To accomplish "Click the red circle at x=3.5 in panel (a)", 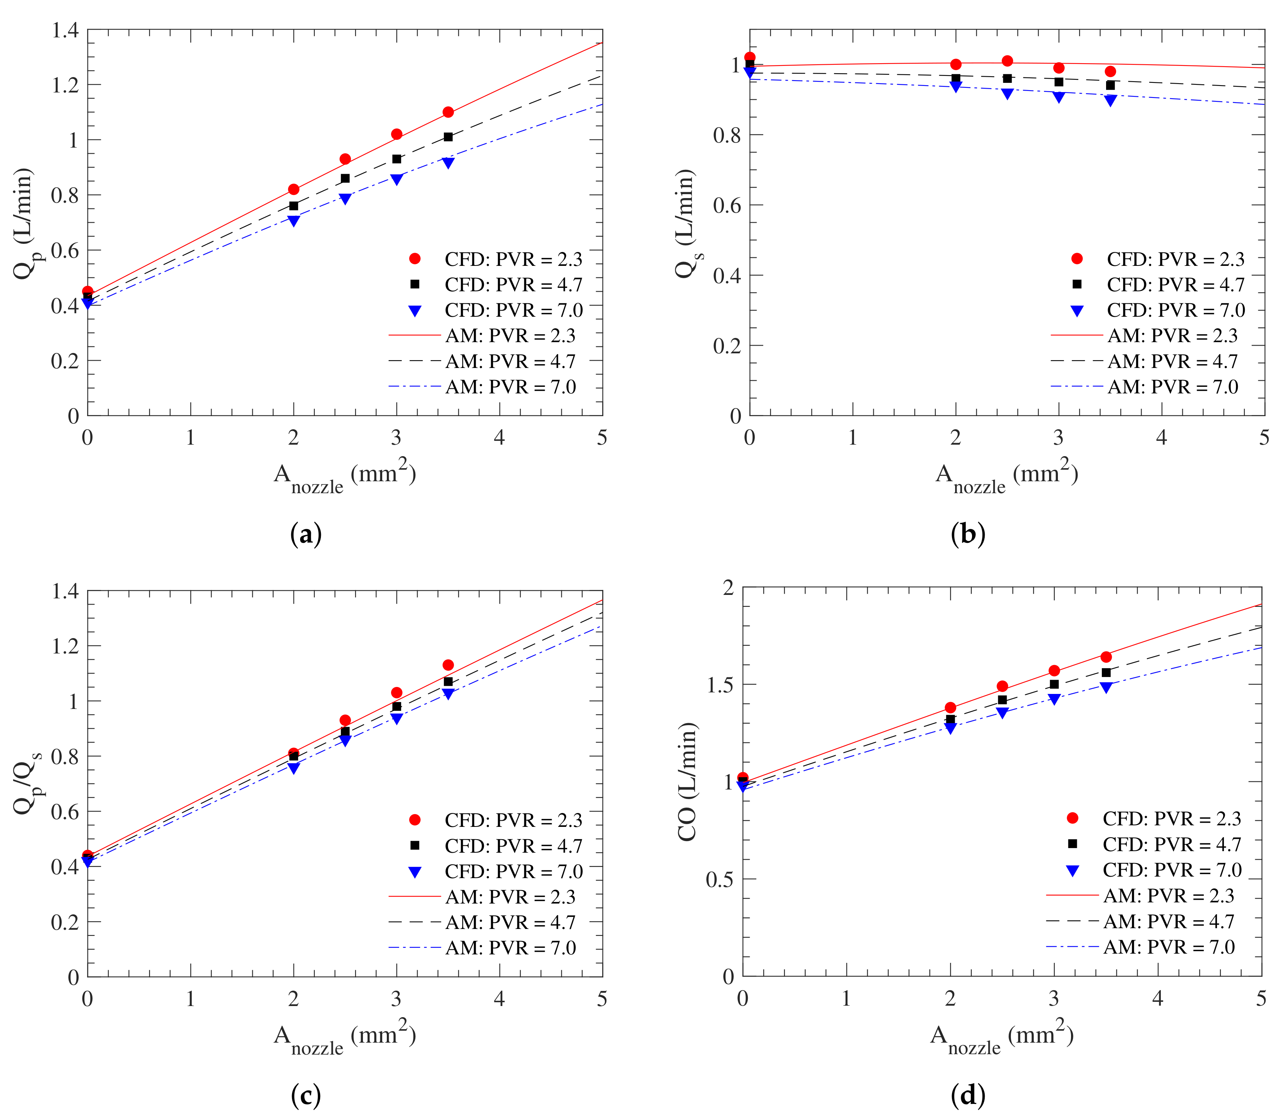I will point(448,112).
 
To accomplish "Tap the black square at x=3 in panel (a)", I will point(396,159).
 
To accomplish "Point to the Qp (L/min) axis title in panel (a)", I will point(24,223).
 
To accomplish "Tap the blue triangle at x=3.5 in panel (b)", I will point(1110,100).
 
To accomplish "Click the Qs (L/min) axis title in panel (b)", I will point(686,223).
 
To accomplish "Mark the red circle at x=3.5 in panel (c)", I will point(448,665).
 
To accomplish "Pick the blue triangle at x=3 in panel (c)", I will point(396,719).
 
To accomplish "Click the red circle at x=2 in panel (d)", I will point(950,707).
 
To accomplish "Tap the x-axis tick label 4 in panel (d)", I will point(1158,999).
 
